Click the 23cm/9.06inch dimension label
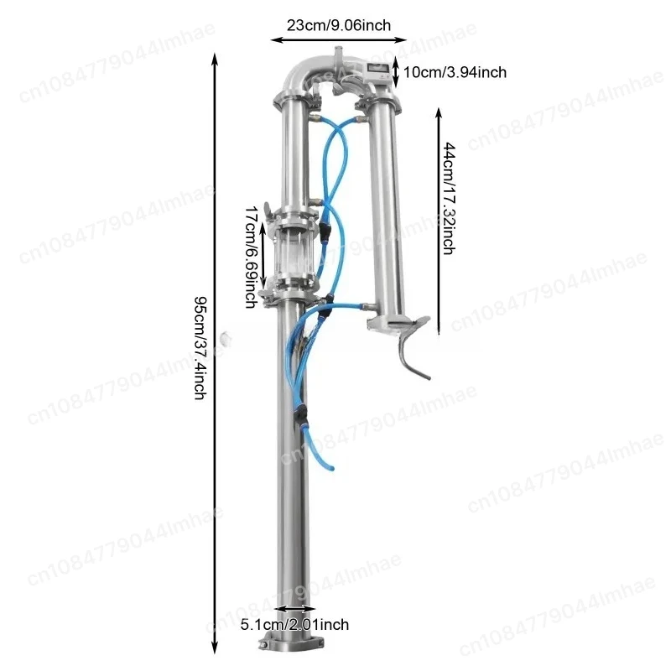pyautogui.click(x=338, y=25)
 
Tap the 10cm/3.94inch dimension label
pyautogui.click(x=455, y=72)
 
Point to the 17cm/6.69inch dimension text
pyautogui.click(x=250, y=255)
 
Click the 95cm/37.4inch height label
pyautogui.click(x=200, y=347)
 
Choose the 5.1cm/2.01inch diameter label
pyautogui.click(x=294, y=624)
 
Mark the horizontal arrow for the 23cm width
pyautogui.click(x=338, y=38)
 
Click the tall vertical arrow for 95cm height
pyautogui.click(x=216, y=352)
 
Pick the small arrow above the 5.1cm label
pyautogui.click(x=294, y=610)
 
